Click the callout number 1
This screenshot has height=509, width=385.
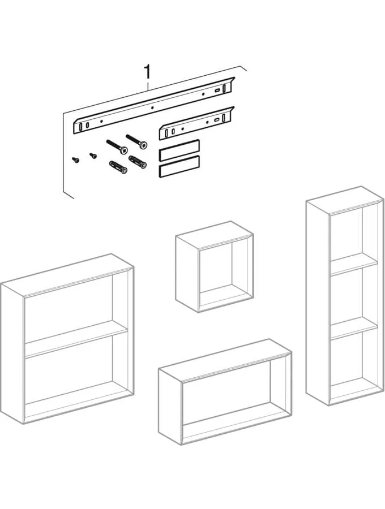click(x=148, y=72)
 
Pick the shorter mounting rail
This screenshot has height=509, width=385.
click(x=196, y=123)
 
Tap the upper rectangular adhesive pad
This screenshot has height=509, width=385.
click(x=179, y=150)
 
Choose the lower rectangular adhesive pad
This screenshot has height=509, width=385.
click(x=179, y=166)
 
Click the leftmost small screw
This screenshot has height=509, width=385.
click(x=76, y=159)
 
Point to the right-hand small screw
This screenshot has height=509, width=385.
click(x=93, y=156)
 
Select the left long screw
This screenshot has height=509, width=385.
click(x=117, y=147)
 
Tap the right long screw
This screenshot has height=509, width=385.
click(x=136, y=141)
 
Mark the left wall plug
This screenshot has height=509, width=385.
click(x=118, y=167)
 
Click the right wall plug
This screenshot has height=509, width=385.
click(x=138, y=162)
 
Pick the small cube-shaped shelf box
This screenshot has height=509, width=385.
click(x=215, y=267)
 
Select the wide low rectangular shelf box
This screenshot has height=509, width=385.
click(x=225, y=392)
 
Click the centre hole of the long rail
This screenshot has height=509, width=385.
click(x=152, y=107)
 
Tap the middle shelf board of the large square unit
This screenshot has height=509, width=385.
click(x=76, y=340)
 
